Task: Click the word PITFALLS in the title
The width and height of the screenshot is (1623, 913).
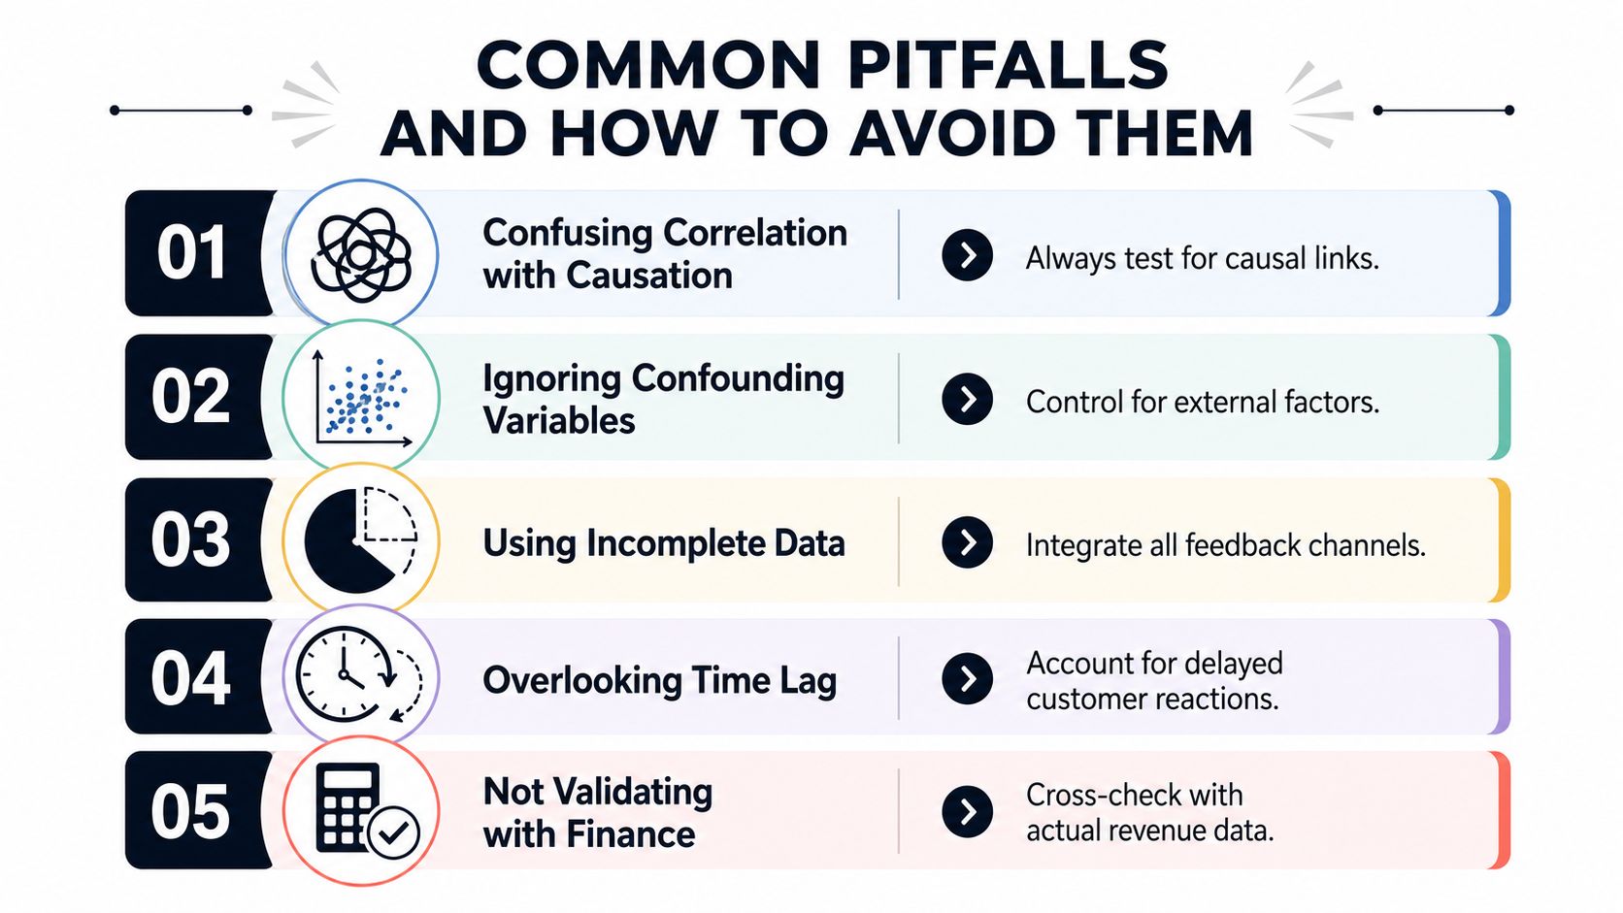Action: (x=1007, y=64)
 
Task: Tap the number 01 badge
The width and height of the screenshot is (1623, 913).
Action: (x=192, y=252)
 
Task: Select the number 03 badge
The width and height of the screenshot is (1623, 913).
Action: (x=192, y=539)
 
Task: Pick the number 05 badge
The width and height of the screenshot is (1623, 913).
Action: (x=192, y=810)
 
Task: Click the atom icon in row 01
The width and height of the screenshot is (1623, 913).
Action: (x=360, y=254)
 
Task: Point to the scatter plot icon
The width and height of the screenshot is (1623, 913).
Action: (x=362, y=398)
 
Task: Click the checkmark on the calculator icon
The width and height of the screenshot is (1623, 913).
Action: (x=393, y=832)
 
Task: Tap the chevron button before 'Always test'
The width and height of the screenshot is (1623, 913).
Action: (x=967, y=255)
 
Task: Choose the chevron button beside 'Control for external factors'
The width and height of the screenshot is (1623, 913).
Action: (x=967, y=399)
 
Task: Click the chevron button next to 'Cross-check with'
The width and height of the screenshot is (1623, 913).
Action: (x=967, y=811)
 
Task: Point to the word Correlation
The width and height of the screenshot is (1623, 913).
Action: (x=755, y=233)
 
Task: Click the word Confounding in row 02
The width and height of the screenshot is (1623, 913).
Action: (x=738, y=379)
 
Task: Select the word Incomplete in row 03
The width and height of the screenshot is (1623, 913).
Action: (x=676, y=543)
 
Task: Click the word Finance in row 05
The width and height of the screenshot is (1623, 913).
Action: (x=630, y=834)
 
